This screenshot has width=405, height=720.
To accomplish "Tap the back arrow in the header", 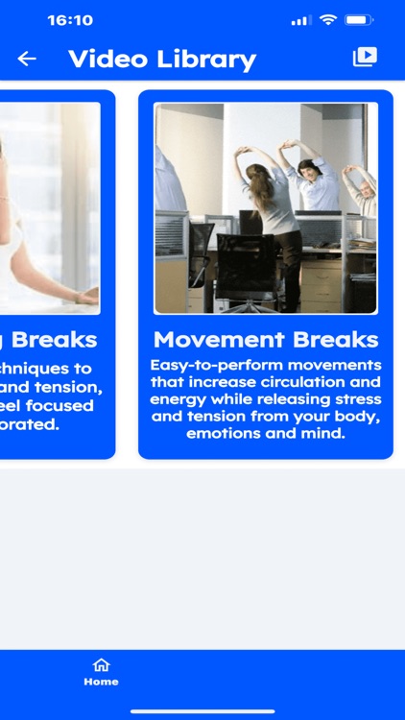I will (27, 59).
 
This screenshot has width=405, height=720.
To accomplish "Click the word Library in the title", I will (203, 60).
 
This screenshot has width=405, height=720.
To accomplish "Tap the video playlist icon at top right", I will (365, 58).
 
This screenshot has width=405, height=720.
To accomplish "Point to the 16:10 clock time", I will (70, 20).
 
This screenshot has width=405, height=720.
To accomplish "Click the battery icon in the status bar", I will (359, 20).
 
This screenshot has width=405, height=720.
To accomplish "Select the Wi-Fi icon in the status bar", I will (328, 20).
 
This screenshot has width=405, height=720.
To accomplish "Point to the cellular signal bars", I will (301, 20).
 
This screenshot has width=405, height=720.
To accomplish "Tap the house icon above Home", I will (101, 664).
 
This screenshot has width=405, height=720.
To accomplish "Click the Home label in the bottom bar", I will (101, 682).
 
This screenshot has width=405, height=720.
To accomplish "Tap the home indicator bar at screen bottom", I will (202, 711).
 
